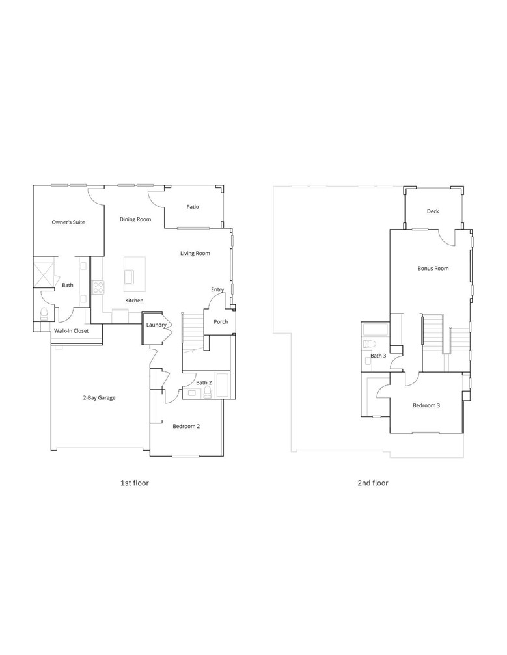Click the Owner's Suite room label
pos(68,222)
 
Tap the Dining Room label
pos(135,219)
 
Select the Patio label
pos(193,207)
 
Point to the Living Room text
pos(195,253)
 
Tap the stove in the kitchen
pos(98,286)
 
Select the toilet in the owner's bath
pos(44,314)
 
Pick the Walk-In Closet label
pos(72,330)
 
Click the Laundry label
pos(156,325)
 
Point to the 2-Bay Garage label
pos(99,397)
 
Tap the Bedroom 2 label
pos(186,426)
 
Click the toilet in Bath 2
pos(206,392)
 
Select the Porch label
pos(221,321)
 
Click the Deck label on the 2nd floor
pos(433,211)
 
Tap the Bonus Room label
pos(433,268)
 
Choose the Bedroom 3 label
pos(426,405)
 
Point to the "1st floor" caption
pos(135,483)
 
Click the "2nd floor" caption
pos(372,483)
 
